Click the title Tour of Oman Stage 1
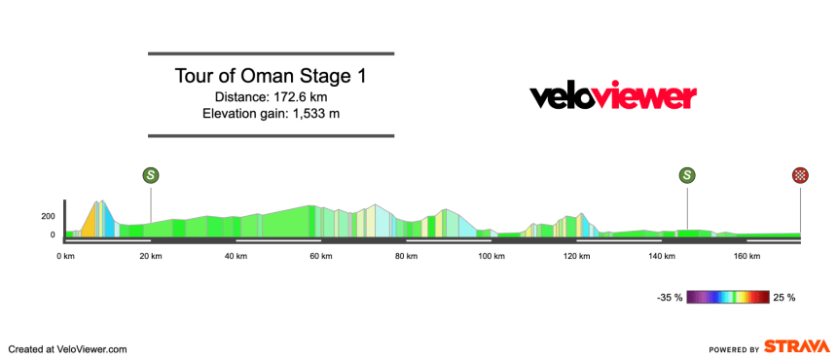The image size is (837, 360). [x=271, y=76]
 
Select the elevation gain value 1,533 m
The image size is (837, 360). [x=306, y=114]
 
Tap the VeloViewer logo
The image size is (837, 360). [x=612, y=95]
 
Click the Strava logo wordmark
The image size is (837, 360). [x=796, y=347]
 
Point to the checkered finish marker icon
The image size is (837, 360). [x=800, y=175]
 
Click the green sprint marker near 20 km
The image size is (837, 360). [x=151, y=175]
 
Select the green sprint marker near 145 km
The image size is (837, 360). [x=687, y=175]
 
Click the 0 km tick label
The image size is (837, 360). [x=66, y=256]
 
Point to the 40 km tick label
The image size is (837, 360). [x=235, y=256]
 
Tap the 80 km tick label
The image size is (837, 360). [x=406, y=256]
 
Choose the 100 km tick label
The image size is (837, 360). [x=490, y=256]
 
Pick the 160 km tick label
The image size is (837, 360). [x=746, y=256]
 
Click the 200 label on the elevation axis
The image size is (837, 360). [x=48, y=216]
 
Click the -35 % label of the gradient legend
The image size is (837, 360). [x=669, y=297]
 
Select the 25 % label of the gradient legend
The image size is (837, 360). [x=784, y=297]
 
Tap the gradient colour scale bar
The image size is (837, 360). [x=728, y=297]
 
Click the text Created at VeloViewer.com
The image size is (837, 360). [x=68, y=348]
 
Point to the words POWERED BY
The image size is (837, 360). [x=734, y=348]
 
